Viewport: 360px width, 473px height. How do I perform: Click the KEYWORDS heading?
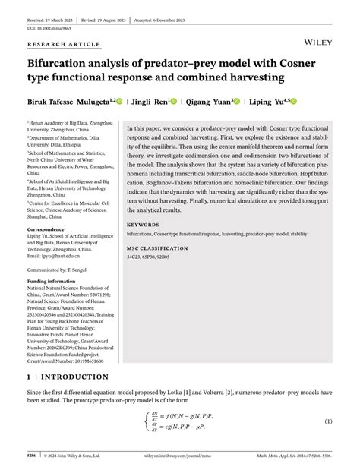click(143, 225)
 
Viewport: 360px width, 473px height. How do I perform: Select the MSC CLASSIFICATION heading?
click(157, 248)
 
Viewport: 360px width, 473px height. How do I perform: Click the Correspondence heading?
click(46, 229)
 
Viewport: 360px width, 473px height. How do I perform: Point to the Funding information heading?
click(52, 280)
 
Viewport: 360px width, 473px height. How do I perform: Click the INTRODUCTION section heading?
click(74, 377)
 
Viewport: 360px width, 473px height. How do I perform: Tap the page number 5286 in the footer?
click(32, 456)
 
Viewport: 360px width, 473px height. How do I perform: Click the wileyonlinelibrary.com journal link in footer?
click(180, 456)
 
